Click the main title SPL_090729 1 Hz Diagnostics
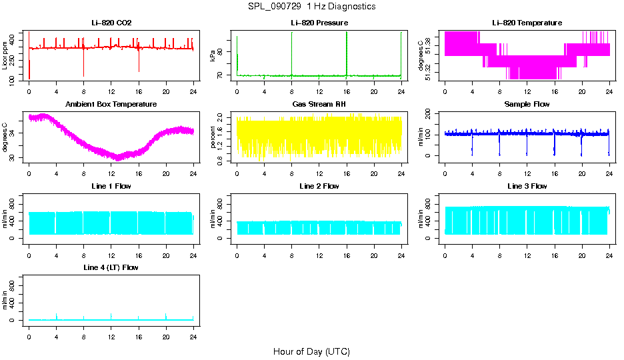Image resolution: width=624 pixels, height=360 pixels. click(x=311, y=6)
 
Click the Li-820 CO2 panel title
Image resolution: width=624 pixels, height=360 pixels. click(x=111, y=23)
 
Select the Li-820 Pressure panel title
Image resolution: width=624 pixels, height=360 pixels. click(x=319, y=23)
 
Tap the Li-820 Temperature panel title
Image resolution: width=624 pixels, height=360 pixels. click(x=527, y=23)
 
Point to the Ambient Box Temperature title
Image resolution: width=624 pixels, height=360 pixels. click(x=111, y=104)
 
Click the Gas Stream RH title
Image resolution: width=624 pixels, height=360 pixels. click(x=319, y=104)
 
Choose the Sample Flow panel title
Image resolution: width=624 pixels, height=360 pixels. click(x=527, y=104)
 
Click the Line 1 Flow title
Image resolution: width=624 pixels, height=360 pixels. click(x=111, y=185)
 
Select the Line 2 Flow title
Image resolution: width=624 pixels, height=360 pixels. click(x=319, y=185)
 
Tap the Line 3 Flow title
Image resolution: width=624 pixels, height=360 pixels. click(x=527, y=185)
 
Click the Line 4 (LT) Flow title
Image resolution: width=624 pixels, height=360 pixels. click(x=111, y=267)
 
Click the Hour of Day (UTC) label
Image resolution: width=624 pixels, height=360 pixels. click(x=311, y=351)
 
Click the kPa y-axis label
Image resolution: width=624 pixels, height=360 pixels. click(x=213, y=56)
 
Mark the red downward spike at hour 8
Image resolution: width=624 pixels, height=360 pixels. click(x=84, y=67)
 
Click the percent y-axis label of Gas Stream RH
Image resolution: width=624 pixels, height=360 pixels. click(x=213, y=137)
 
